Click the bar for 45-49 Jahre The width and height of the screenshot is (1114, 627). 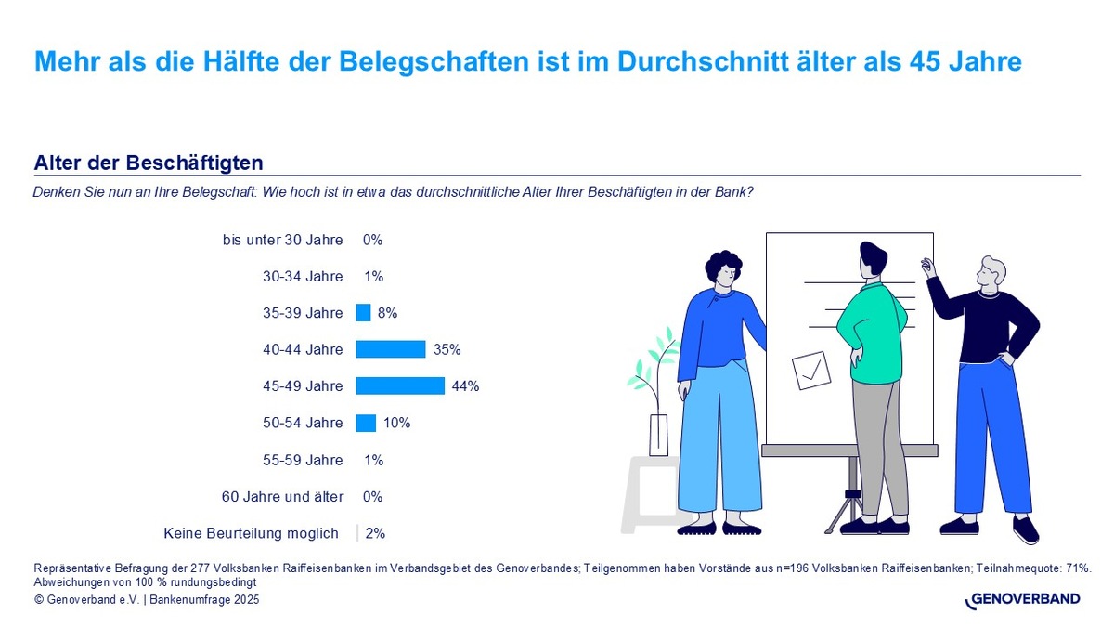pos(400,386)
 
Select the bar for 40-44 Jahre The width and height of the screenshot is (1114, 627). pos(391,350)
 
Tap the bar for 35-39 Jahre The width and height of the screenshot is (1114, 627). pos(363,313)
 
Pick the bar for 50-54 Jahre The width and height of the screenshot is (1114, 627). pos(366,424)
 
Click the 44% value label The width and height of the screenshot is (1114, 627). pos(465,386)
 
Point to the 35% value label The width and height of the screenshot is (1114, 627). pos(447,350)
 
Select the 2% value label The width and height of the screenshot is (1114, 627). pos(375,533)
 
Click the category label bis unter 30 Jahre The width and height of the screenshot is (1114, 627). pos(283,240)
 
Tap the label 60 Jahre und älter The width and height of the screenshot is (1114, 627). pos(282,497)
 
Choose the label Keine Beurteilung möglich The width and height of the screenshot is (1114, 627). pos(251,533)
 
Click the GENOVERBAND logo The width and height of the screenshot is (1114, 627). pos(1023,600)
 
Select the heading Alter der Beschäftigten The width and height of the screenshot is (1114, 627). pos(149,163)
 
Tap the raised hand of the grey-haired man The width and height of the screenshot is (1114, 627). pos(926,266)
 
